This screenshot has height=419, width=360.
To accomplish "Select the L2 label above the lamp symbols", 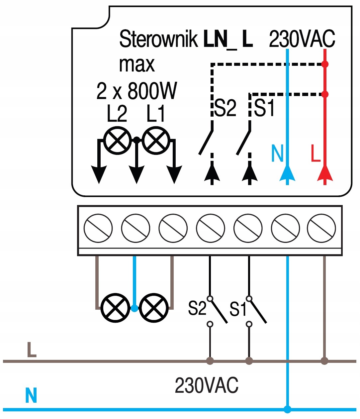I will [117, 114].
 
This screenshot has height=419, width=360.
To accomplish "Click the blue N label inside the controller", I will [277, 153].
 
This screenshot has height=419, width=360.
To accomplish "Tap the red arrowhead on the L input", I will [325, 173].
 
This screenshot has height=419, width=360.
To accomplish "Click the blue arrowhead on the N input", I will [287, 173].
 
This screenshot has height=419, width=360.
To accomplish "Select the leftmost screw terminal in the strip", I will [98, 228].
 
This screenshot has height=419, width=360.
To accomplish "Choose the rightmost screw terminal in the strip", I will [321, 228].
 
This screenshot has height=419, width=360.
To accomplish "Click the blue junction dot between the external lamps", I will [135, 308].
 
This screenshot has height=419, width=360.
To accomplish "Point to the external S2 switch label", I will [197, 308].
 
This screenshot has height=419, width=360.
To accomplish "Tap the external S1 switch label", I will [238, 309].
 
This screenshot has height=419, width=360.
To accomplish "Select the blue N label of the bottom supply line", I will [31, 395].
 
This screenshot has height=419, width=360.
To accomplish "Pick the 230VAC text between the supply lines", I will [206, 385].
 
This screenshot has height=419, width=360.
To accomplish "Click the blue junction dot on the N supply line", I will [288, 409].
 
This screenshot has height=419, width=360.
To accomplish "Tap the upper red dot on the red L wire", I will [325, 64].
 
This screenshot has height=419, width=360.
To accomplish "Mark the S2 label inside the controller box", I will [225, 108].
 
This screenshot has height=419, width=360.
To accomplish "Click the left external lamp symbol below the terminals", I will [115, 308].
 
